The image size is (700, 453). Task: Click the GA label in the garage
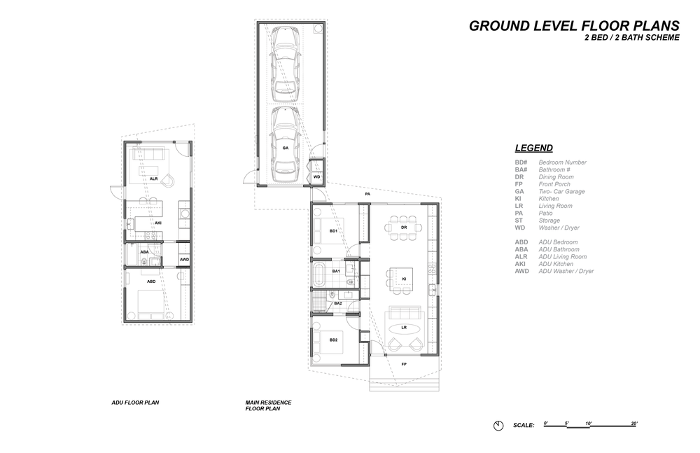pos(285,148)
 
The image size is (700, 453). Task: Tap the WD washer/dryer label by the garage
pos(316,177)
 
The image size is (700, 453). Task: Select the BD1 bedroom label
pos(333,231)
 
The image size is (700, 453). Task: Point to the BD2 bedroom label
pos(333,340)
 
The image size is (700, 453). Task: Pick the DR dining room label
pos(404,228)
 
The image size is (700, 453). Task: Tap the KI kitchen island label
pos(404,279)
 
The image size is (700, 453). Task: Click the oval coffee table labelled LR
pos(404,328)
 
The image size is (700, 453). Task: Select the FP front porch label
pos(404,364)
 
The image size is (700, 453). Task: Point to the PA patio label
pos(367,195)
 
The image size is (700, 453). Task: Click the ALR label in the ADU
pos(153,179)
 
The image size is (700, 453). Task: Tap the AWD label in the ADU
pos(184,259)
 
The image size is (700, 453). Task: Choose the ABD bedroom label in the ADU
pos(151,281)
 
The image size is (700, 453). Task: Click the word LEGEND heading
pos(534,148)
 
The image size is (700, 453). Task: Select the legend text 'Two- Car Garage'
pos(561,191)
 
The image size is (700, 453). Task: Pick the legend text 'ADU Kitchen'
pos(556,263)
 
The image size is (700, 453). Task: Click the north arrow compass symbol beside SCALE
pos(498,425)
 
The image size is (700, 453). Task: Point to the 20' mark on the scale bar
pos(634,423)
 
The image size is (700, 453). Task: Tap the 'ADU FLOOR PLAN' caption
pos(135,403)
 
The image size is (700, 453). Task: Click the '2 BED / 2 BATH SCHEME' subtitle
pos(632,38)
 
